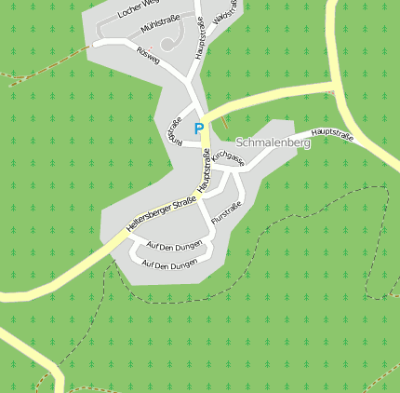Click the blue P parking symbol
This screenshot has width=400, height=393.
click(x=198, y=128)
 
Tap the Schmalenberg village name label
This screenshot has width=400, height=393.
click(x=272, y=143)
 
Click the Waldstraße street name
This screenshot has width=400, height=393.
click(x=225, y=13)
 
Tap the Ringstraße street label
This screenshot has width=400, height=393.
click(x=173, y=130)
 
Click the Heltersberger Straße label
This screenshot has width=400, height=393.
click(x=161, y=215)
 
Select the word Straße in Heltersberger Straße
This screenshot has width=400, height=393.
click(x=183, y=204)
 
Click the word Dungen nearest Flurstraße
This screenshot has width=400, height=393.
click(x=189, y=245)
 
